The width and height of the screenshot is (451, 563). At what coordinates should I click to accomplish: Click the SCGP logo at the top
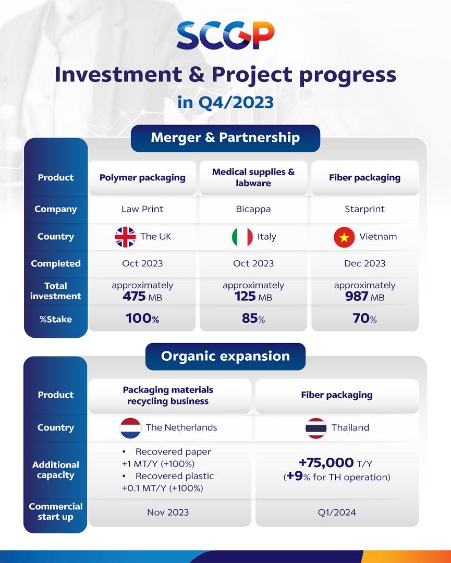225,36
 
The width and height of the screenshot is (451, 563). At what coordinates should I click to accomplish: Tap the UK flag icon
125,237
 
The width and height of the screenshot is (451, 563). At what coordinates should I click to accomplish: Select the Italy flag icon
242,237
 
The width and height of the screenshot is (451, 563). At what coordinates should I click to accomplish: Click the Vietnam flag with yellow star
344,237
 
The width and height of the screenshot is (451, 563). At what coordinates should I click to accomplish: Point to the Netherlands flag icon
130,428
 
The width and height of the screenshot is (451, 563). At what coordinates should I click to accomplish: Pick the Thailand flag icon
316,428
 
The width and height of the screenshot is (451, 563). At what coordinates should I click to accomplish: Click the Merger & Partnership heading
225,138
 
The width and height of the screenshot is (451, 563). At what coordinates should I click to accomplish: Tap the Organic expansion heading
225,357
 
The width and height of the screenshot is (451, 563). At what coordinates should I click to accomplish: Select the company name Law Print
142,209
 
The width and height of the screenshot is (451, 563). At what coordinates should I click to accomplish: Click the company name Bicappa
253,209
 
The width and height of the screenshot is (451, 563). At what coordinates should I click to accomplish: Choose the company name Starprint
364,209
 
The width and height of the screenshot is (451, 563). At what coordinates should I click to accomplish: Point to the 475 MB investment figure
142,297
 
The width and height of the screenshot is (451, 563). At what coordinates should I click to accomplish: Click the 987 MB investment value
364,297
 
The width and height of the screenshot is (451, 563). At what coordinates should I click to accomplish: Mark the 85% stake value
253,319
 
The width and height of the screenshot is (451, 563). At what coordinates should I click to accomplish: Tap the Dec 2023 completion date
364,264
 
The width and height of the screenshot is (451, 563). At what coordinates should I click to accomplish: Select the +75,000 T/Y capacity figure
336,463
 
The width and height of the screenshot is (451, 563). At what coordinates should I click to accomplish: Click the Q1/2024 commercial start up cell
336,512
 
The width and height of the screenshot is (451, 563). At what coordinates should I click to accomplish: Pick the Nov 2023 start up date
168,512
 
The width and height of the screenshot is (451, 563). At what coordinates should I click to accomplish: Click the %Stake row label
56,319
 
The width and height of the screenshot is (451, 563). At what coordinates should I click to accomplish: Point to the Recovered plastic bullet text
174,476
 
